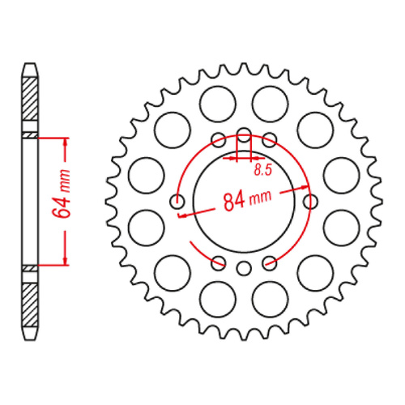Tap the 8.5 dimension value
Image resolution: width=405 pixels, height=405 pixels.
point(262,170)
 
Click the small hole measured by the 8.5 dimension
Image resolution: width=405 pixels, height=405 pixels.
point(245,134)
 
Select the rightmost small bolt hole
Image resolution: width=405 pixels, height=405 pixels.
point(311,202)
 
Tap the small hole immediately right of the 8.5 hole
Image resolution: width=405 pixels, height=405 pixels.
point(271,140)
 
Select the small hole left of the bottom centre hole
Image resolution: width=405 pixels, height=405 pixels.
point(218,262)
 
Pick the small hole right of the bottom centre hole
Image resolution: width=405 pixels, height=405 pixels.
point(271,262)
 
